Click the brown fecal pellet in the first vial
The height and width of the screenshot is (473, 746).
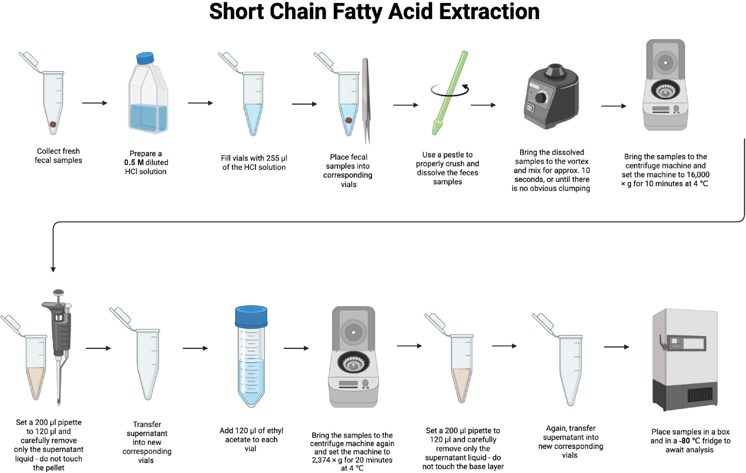(x=53, y=124)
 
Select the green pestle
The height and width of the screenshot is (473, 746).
(x=450, y=93)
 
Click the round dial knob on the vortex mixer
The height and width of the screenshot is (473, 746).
(x=541, y=97)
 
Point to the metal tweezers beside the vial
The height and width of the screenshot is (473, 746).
(x=366, y=101)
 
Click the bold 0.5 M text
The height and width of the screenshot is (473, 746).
(x=134, y=163)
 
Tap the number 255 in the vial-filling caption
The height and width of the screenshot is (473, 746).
(x=273, y=158)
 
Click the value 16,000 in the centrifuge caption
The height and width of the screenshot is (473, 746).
(x=698, y=175)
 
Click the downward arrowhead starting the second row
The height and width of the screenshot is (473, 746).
(x=53, y=269)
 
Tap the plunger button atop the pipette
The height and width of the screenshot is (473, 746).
(x=59, y=292)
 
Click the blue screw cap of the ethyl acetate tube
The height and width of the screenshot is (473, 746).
(x=251, y=316)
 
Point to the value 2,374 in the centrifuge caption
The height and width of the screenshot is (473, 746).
(x=321, y=460)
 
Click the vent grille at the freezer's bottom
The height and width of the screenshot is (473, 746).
(x=700, y=395)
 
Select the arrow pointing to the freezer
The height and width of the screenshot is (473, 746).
(x=616, y=347)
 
